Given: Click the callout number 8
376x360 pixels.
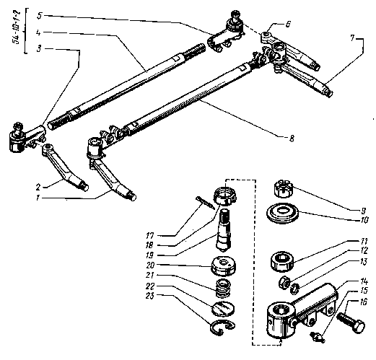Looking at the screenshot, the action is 292,139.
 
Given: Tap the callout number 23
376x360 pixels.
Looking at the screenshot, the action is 149,296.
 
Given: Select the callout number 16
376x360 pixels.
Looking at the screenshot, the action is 363,302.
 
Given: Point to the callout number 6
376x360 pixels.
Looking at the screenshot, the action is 288,24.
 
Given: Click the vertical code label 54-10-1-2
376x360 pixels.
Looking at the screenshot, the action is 17,27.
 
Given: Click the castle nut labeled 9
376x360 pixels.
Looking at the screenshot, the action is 283,188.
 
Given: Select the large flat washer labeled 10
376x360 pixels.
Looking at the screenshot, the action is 282,213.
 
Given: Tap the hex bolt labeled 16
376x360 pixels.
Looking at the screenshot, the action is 351,324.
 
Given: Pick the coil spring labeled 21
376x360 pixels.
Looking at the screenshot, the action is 223,288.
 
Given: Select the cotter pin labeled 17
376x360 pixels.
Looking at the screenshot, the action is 205,203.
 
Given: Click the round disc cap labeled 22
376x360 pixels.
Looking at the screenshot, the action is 223,308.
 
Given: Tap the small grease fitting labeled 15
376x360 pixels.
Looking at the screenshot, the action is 318,336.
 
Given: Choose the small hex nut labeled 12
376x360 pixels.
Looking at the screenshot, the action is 284,282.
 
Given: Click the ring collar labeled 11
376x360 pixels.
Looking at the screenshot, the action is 282,262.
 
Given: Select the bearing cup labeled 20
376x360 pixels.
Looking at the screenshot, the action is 224,266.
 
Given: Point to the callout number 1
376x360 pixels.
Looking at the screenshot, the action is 38,198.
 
